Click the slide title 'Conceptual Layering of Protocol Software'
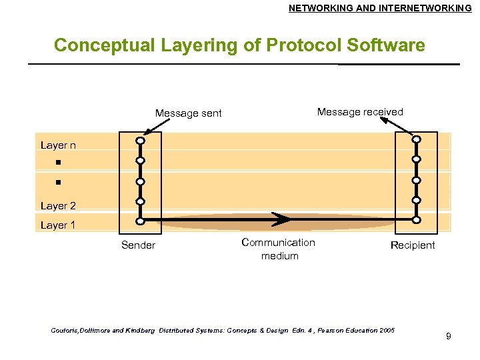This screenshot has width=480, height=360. click(239, 45)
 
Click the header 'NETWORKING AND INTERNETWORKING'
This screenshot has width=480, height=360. click(380, 8)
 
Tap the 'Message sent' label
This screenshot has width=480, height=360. click(188, 113)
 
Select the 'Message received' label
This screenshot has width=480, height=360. click(360, 112)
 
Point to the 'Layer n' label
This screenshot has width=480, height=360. click(58, 145)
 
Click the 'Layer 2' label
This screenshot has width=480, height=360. click(58, 206)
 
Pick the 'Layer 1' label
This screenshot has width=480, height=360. click(58, 225)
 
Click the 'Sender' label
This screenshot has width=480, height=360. click(138, 245)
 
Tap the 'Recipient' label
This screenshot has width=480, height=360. click(413, 245)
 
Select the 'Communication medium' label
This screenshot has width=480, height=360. click(278, 249)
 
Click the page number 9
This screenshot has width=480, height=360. click(449, 336)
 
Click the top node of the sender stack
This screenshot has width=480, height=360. click(141, 141)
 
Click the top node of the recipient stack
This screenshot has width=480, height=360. click(416, 139)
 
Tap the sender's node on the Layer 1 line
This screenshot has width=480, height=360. click(141, 221)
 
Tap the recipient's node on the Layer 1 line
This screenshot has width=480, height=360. click(416, 219)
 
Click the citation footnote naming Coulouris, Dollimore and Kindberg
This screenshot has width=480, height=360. click(223, 331)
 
